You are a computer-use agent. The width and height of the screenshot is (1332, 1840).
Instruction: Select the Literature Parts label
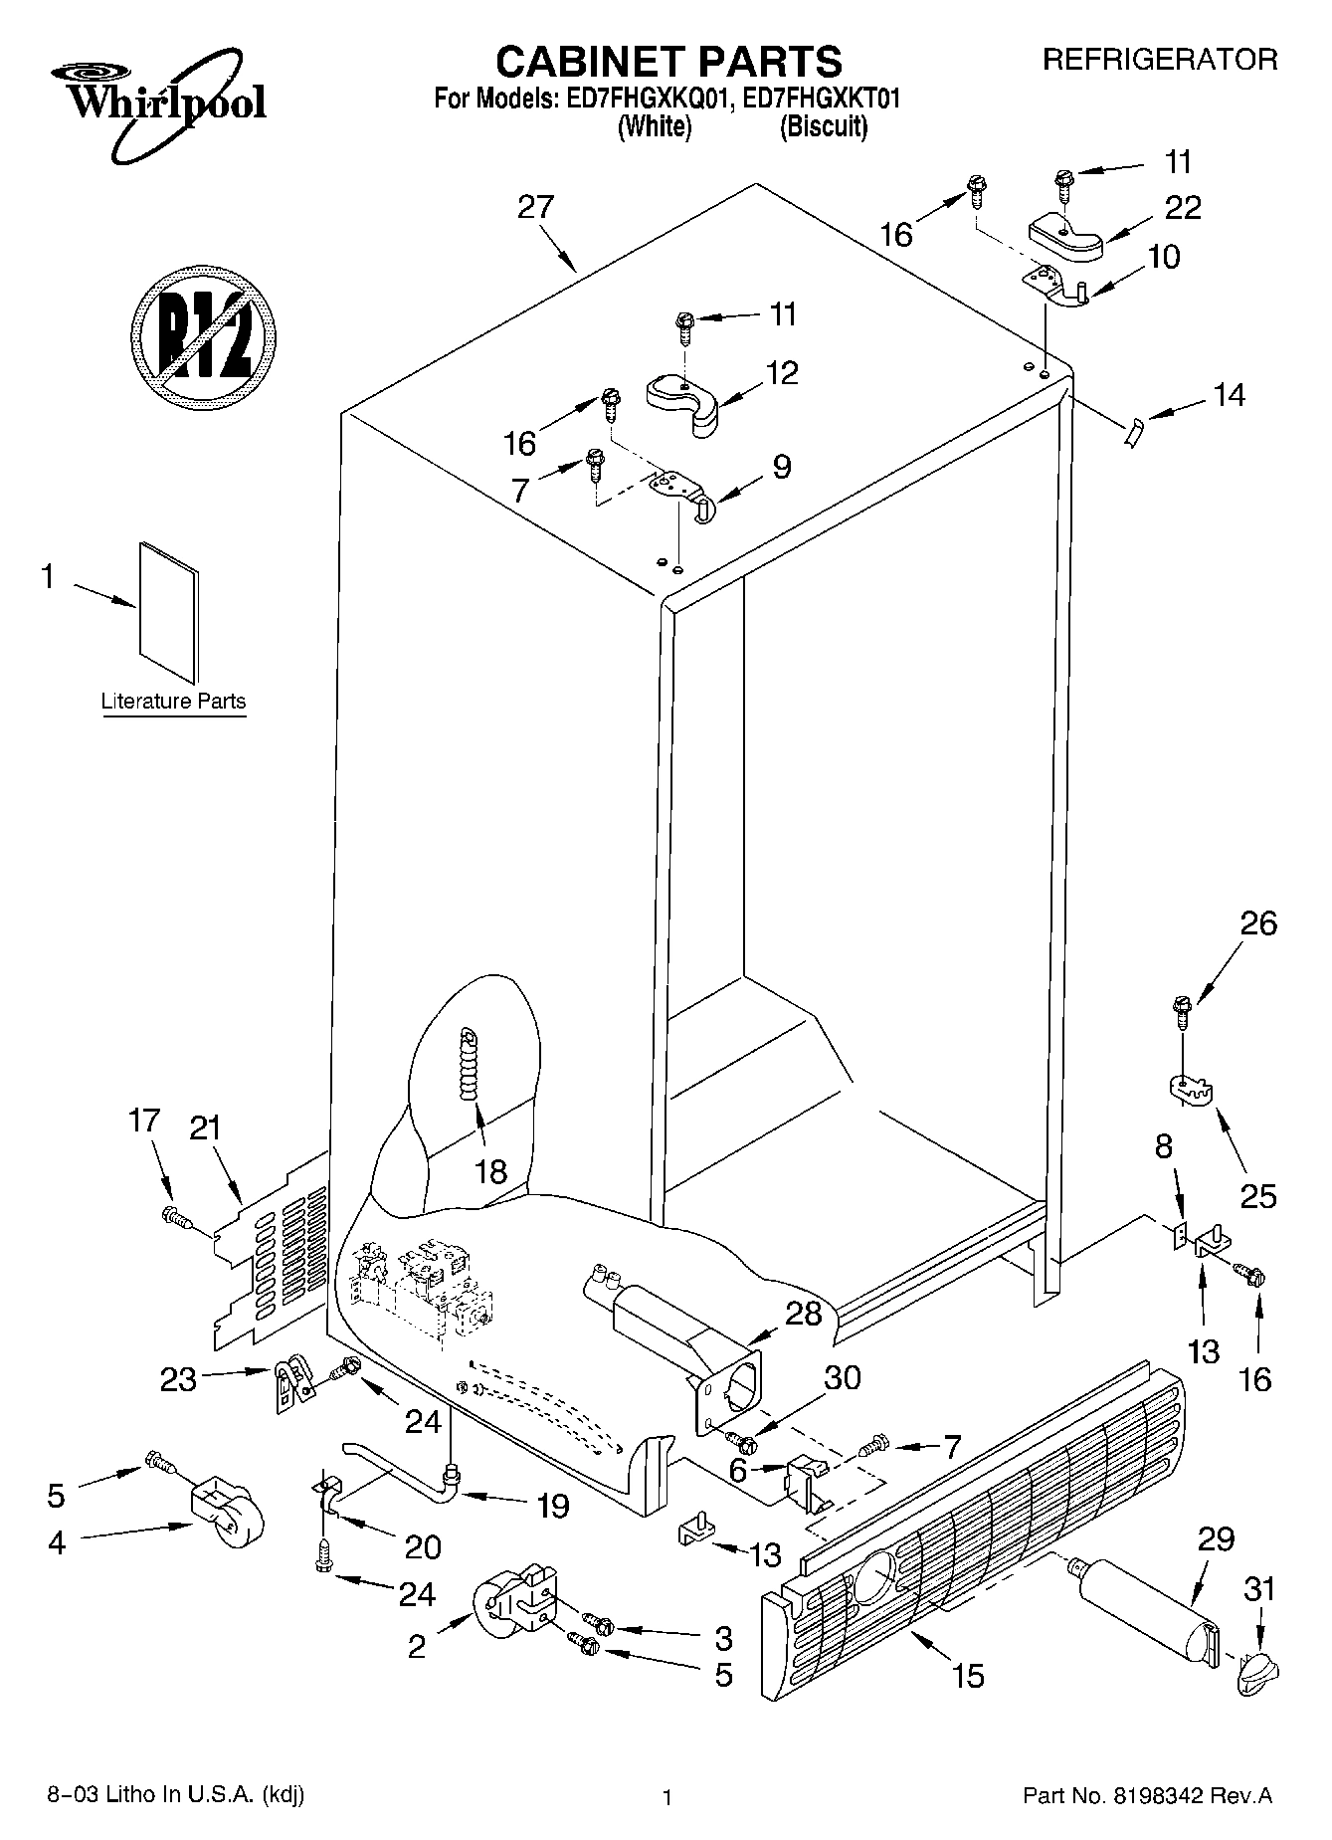point(173,701)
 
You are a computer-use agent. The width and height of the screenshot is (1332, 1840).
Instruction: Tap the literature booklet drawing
point(167,611)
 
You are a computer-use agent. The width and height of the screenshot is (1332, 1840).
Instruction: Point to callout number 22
point(1183,207)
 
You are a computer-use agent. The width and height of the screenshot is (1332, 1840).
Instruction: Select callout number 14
point(1230,395)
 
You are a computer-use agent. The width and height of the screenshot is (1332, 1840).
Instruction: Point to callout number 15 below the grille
point(967,1675)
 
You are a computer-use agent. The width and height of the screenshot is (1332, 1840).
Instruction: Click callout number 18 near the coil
point(490,1171)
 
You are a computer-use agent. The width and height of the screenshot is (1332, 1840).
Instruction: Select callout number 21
point(205,1128)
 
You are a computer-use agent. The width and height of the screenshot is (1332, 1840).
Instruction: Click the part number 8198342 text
point(1204,1796)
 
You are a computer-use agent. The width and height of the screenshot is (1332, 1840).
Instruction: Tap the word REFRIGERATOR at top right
point(1159,60)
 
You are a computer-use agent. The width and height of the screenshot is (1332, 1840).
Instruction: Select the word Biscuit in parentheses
point(823,127)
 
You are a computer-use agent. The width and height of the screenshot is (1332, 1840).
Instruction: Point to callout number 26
point(1258,923)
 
